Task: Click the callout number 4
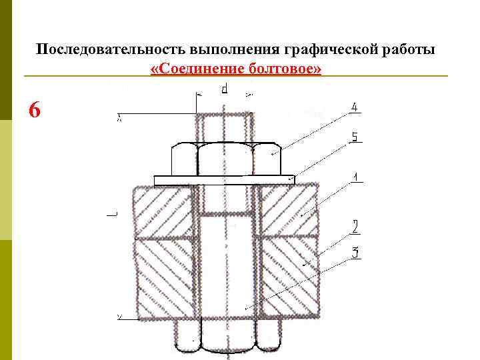355,107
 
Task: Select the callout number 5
355,138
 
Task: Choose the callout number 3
355,253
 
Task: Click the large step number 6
35,109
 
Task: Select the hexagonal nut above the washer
225,159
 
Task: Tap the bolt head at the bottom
227,337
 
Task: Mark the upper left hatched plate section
163,211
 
